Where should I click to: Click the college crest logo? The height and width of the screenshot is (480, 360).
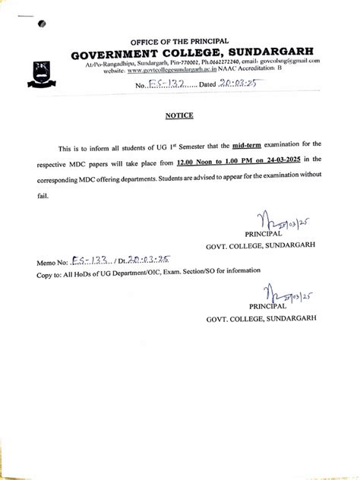pyautogui.click(x=39, y=71)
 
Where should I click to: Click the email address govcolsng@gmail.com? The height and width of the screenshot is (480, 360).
pyautogui.click(x=291, y=61)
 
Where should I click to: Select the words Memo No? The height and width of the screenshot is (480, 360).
pyautogui.click(x=51, y=262)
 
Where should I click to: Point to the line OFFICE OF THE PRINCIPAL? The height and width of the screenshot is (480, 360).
pyautogui.click(x=179, y=41)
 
